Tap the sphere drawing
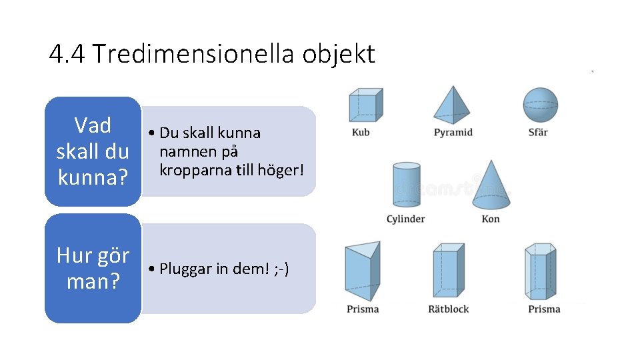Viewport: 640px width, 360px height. (x=540, y=105)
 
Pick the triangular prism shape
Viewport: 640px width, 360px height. (x=362, y=272)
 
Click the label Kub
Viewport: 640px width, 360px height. (x=361, y=132)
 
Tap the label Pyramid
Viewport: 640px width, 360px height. (x=453, y=132)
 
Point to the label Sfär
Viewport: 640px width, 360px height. (x=538, y=132)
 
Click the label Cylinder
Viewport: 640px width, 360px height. (x=405, y=219)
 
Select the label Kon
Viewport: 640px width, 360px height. (x=491, y=219)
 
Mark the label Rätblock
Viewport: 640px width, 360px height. (x=449, y=309)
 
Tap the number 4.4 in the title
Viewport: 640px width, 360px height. (x=67, y=54)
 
